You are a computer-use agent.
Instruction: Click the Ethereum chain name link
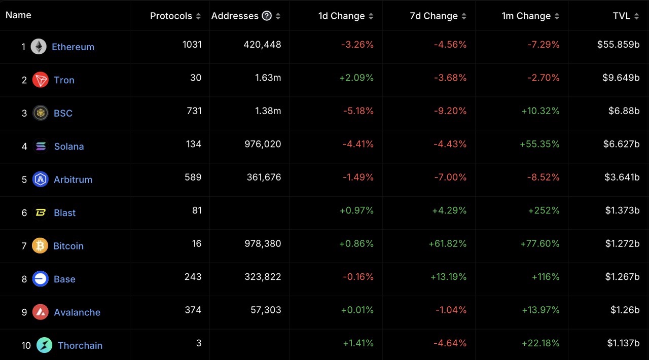[73, 47]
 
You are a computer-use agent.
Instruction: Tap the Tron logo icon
[41, 80]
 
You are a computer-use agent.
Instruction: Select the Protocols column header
[171, 16]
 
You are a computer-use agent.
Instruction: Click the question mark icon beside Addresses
[267, 16]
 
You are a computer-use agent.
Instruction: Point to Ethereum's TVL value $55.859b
[618, 45]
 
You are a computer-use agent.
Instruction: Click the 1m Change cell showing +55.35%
[539, 144]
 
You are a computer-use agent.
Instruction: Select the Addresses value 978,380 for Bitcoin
[262, 243]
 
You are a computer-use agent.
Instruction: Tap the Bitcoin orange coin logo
[40, 246]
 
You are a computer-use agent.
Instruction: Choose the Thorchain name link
[80, 345]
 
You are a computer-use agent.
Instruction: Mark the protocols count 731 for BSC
[194, 111]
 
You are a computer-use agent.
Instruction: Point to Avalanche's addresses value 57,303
[266, 310]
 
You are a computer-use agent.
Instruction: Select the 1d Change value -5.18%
[358, 111]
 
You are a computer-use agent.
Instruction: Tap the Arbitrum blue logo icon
[41, 179]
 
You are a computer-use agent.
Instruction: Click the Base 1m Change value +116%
[546, 277]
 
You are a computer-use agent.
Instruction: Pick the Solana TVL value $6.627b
[621, 144]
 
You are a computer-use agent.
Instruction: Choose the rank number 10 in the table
[26, 345]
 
